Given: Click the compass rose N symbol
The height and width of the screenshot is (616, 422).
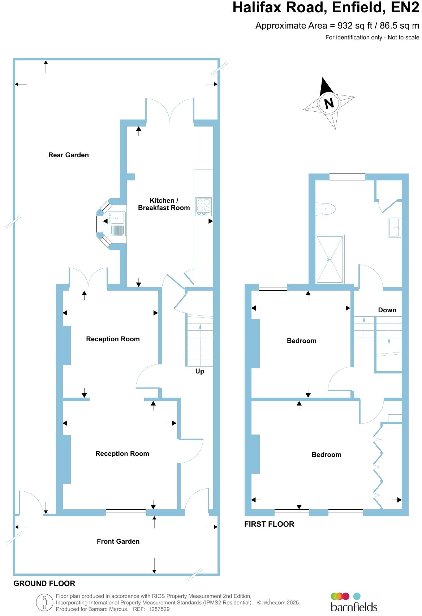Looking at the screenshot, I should pyautogui.click(x=329, y=104).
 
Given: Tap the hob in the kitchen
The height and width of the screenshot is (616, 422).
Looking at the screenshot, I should pyautogui.click(x=203, y=207).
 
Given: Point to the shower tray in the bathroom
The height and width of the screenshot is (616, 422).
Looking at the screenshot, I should pyautogui.click(x=330, y=259).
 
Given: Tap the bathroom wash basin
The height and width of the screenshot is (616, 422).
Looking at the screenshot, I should pyautogui.click(x=395, y=227).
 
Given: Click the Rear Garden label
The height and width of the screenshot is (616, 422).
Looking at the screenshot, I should pyautogui.click(x=69, y=155).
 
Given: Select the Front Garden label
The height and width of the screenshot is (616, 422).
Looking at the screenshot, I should pyautogui.click(x=118, y=541).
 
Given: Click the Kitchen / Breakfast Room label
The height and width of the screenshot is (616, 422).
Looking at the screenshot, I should pyautogui.click(x=164, y=204).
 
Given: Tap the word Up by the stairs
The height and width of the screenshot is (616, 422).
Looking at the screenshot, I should pyautogui.click(x=200, y=371).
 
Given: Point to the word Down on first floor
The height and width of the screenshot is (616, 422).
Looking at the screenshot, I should pyautogui.click(x=387, y=310).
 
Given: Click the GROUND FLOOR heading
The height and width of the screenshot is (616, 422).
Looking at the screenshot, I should pyautogui.click(x=44, y=583).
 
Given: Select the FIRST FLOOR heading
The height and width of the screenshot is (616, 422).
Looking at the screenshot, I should pyautogui.click(x=269, y=524).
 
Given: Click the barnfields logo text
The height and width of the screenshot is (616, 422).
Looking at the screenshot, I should pyautogui.click(x=354, y=606).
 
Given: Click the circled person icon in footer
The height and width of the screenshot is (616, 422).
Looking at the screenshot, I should pyautogui.click(x=44, y=603).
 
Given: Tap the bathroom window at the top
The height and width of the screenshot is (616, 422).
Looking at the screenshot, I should pyautogui.click(x=347, y=177).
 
